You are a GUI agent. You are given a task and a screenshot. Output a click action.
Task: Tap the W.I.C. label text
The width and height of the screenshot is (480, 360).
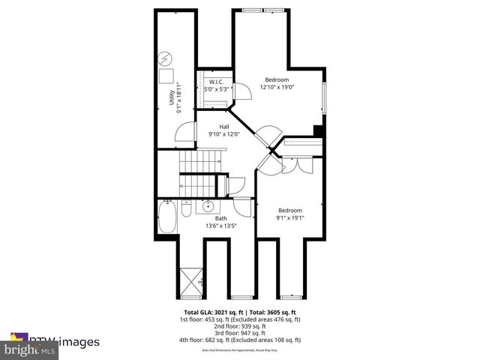coord(216,82)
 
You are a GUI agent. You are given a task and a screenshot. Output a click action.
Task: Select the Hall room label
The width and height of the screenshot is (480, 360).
coord(224,127)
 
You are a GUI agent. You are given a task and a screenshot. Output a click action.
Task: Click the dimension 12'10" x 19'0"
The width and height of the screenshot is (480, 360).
coord(276,87)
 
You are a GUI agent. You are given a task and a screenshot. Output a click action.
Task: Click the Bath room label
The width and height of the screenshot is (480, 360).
coord(221,218)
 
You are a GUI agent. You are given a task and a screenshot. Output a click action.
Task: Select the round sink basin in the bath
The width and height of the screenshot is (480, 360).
coord(208,206)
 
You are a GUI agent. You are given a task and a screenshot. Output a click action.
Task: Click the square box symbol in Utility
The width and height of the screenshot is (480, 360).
coord(166,74)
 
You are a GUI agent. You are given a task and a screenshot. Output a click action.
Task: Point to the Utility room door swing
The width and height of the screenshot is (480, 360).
coord(183,133)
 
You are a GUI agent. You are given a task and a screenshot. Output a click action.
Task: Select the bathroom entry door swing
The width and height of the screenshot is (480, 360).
coord(241,207)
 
